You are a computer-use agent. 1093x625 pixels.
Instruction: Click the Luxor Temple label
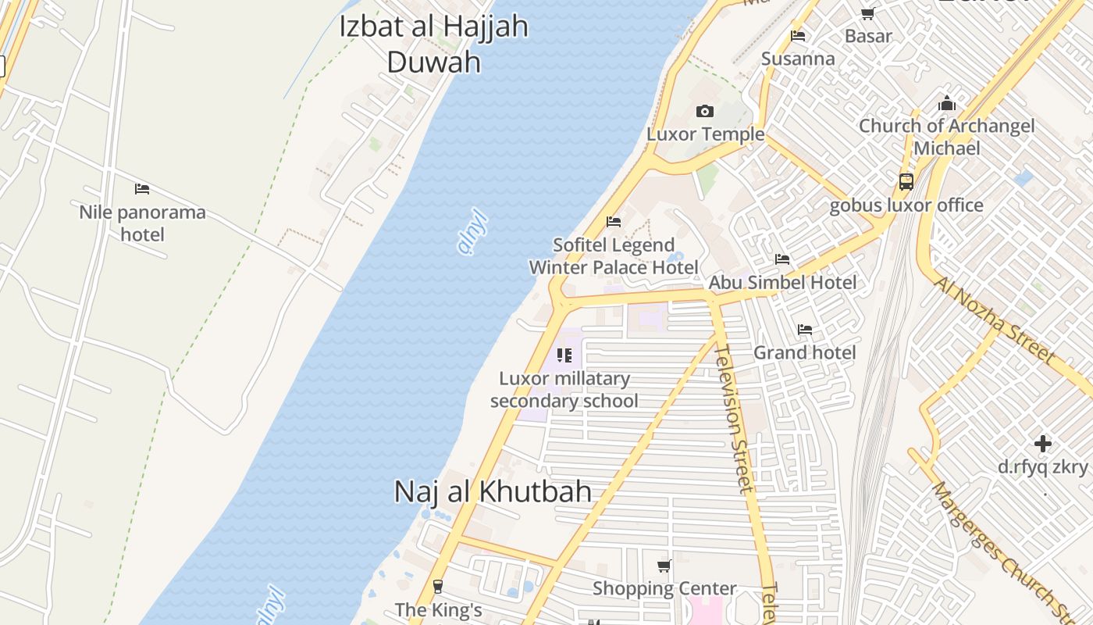(x=705, y=134)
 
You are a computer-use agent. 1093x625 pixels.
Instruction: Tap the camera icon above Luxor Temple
(x=705, y=112)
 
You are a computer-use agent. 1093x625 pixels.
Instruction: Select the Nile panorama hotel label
(x=142, y=223)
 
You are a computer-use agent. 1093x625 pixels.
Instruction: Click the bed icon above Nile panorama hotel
(x=142, y=189)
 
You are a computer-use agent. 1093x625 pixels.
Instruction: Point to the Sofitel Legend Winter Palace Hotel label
(x=614, y=256)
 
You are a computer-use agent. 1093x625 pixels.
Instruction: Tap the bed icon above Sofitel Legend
(x=614, y=222)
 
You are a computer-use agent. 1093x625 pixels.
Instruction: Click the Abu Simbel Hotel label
(x=782, y=283)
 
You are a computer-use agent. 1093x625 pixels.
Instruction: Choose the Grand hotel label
(x=804, y=353)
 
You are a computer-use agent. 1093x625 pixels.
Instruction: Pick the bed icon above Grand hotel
(x=805, y=330)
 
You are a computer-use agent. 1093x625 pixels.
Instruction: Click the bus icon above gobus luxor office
(x=906, y=182)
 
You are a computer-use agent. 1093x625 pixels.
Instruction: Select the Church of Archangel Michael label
(x=946, y=137)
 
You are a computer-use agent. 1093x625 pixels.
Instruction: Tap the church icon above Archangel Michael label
(x=947, y=103)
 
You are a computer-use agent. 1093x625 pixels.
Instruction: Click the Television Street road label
(x=734, y=418)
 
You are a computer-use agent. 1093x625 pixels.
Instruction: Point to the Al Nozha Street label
(x=995, y=320)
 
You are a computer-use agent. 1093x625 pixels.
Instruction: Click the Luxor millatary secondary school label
(x=564, y=390)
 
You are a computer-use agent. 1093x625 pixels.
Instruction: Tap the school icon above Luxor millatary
(x=564, y=356)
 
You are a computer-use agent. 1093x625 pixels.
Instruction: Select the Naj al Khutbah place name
(x=493, y=491)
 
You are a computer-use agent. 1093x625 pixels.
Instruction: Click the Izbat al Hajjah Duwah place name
(x=433, y=43)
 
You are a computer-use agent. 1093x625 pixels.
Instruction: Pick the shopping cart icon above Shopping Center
(x=664, y=566)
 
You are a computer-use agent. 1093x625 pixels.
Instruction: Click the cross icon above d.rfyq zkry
(x=1042, y=445)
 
